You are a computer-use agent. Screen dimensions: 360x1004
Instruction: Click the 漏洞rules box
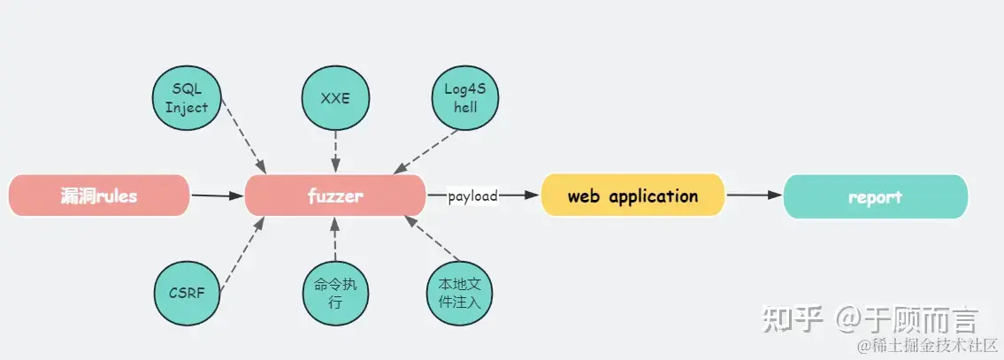pyautogui.click(x=99, y=195)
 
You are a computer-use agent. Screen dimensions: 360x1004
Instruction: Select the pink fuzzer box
pyautogui.click(x=335, y=195)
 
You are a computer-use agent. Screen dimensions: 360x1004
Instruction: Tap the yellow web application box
pyautogui.click(x=632, y=195)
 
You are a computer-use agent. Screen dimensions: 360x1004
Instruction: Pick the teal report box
pyautogui.click(x=875, y=196)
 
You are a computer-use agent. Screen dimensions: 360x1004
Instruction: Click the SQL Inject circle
pyautogui.click(x=187, y=98)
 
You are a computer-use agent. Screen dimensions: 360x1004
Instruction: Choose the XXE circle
pyautogui.click(x=335, y=98)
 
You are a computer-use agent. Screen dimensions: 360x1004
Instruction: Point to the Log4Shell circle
pyautogui.click(x=465, y=98)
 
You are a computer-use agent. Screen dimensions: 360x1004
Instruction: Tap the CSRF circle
pyautogui.click(x=187, y=293)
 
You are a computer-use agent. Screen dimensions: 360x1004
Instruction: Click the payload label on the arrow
pyautogui.click(x=472, y=195)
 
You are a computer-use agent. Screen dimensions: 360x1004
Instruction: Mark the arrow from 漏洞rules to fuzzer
pyautogui.click(x=217, y=195)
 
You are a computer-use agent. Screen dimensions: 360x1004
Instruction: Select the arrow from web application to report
pyautogui.click(x=753, y=195)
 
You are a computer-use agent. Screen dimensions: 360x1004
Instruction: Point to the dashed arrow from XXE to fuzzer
pyautogui.click(x=335, y=151)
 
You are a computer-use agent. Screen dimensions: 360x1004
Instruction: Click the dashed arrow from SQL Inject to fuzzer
pyautogui.click(x=244, y=136)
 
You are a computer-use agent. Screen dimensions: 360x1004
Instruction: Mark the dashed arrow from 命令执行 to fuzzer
pyautogui.click(x=335, y=240)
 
